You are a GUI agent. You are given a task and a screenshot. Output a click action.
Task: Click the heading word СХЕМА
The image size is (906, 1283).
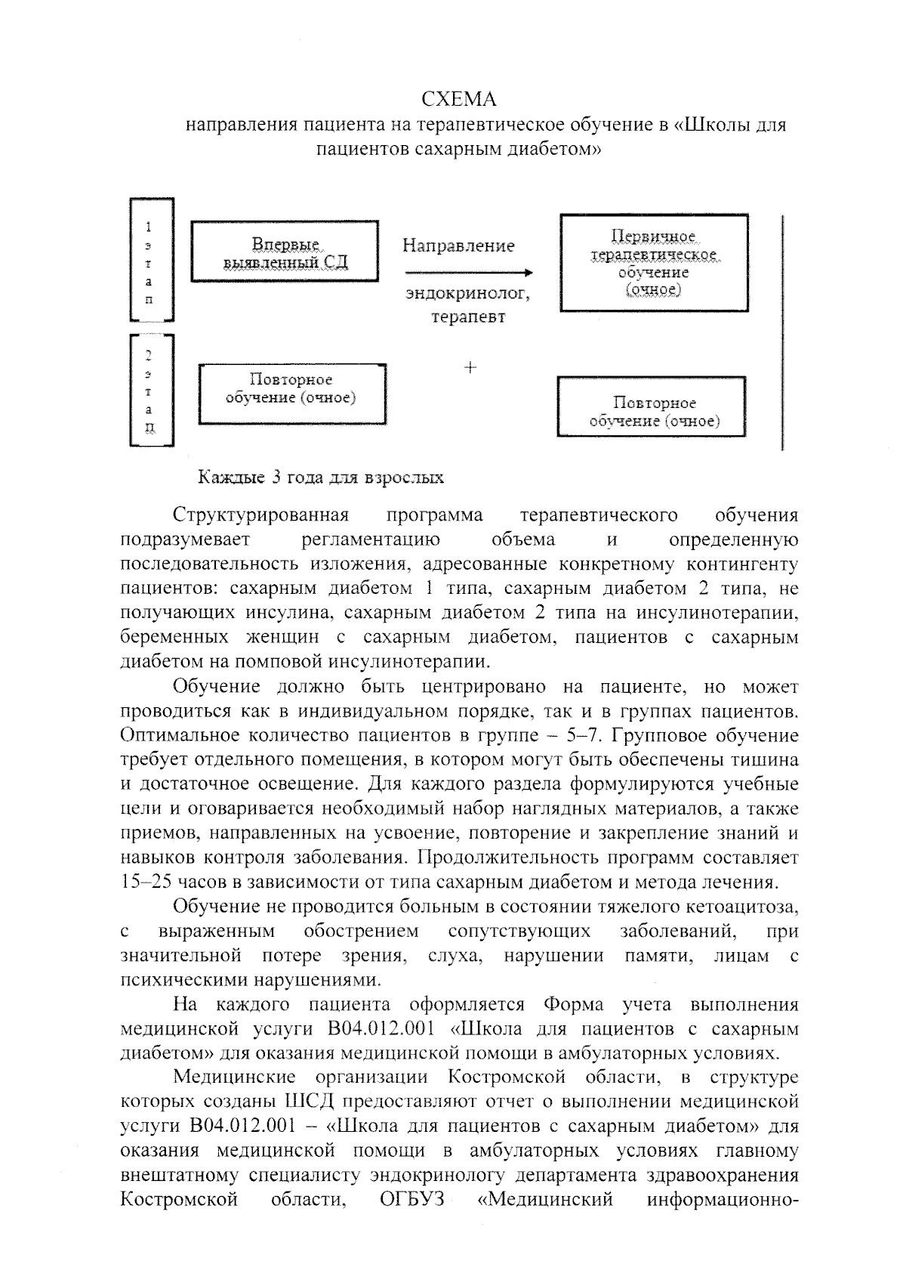point(458,100)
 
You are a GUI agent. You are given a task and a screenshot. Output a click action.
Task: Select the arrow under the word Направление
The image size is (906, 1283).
point(468,273)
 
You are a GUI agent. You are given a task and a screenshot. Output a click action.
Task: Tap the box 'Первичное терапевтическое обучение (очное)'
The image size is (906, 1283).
point(654,263)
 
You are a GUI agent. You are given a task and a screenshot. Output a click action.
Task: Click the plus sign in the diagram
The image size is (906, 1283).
point(470,368)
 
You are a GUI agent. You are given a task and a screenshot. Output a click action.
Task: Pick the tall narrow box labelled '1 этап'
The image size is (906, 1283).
point(152,260)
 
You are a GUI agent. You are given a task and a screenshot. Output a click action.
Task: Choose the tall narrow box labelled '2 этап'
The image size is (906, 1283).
point(152,391)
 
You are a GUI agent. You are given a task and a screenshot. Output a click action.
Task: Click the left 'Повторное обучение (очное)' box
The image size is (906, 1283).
point(291,393)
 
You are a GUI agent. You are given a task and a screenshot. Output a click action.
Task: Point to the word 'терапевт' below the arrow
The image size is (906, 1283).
point(468,317)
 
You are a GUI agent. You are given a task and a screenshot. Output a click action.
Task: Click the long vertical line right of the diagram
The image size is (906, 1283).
point(782,332)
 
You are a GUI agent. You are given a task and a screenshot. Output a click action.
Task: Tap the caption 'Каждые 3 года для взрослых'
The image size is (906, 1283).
point(321,478)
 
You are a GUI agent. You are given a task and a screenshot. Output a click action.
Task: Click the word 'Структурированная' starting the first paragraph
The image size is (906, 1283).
point(260,516)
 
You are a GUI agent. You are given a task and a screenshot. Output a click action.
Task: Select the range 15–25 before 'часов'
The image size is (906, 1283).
point(146,882)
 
